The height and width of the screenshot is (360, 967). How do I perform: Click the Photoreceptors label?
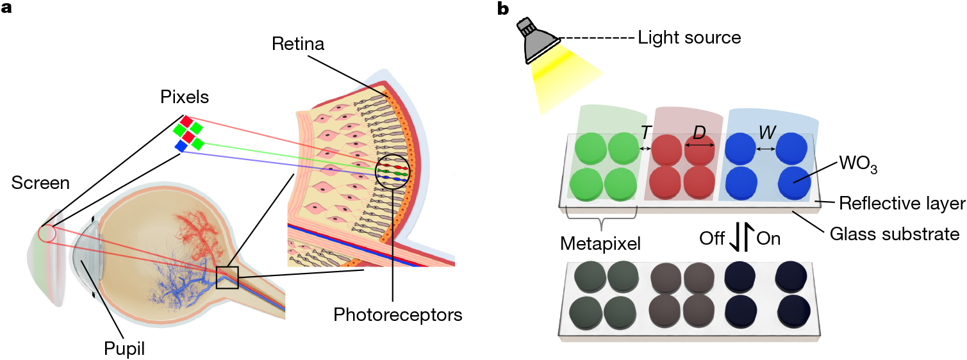(398, 315)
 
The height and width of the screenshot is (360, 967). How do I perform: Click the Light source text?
(690, 38)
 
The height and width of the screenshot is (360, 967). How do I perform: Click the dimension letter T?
(645, 132)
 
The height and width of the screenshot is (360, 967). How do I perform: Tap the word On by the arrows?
(769, 238)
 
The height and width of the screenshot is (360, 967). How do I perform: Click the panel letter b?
(503, 9)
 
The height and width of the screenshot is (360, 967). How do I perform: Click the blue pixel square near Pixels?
(181, 147)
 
